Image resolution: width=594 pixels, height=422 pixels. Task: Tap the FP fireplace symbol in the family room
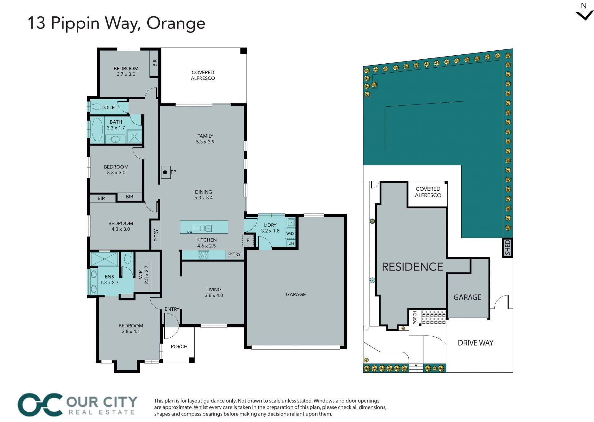(166, 172)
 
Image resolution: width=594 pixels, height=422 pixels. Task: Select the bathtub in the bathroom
(97, 130)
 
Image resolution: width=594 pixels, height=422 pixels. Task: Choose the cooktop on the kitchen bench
(204, 255)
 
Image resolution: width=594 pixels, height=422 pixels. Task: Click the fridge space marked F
(248, 240)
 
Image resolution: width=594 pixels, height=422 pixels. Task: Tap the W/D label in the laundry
(290, 233)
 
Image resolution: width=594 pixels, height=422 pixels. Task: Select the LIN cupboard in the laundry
(291, 243)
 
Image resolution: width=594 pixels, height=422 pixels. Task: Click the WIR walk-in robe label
(144, 275)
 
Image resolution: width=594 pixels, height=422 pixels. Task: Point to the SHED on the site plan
(507, 248)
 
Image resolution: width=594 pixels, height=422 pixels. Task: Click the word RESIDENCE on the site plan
(412, 267)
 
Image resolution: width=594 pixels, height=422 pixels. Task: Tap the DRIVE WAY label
(476, 343)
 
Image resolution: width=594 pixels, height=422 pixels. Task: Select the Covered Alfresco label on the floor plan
(203, 75)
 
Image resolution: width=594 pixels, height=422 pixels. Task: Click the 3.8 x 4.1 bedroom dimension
(131, 331)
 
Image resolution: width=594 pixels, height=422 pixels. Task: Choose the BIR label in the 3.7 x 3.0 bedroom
(155, 63)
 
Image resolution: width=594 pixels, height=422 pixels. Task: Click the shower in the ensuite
(104, 259)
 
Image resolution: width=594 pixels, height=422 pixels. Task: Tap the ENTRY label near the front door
(172, 309)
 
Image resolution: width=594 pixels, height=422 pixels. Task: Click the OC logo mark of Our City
(40, 405)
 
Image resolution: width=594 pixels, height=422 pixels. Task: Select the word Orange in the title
(176, 23)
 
